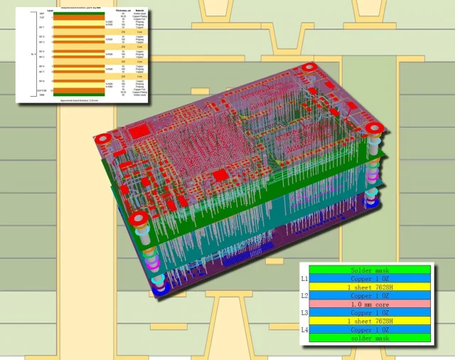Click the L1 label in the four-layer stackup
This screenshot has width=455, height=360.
pyautogui.click(x=304, y=279)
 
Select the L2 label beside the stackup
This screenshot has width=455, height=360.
pyautogui.click(x=304, y=295)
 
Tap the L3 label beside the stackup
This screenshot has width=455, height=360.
pyautogui.click(x=304, y=312)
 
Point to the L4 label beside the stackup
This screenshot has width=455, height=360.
pyautogui.click(x=304, y=329)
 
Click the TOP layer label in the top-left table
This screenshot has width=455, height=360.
pyautogui.click(x=42, y=17)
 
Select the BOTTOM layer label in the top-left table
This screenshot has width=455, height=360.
pyautogui.click(x=42, y=91)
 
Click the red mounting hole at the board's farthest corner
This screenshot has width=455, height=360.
pyautogui.click(x=309, y=69)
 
